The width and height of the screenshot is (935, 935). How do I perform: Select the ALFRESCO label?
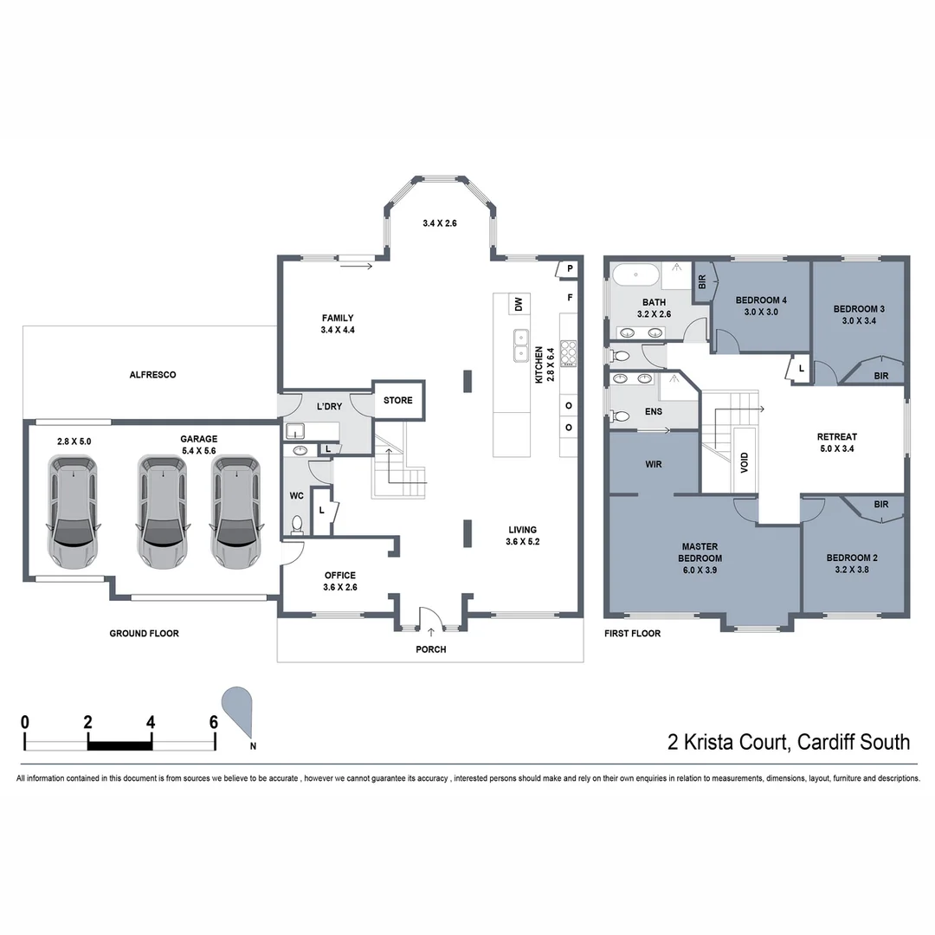(x=152, y=375)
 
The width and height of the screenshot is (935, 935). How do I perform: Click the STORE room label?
(x=398, y=400)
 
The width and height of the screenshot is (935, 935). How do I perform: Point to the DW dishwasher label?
(x=519, y=304)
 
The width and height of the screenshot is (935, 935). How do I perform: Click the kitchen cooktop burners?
(x=569, y=353)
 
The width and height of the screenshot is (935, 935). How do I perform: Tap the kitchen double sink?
(x=520, y=345)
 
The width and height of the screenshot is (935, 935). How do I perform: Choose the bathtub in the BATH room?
(x=636, y=276)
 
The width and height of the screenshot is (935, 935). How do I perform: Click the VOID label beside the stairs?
(x=745, y=461)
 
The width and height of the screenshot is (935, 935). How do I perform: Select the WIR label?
(x=654, y=464)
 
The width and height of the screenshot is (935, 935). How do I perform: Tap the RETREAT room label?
(x=836, y=436)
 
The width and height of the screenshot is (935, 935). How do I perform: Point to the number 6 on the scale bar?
(x=213, y=721)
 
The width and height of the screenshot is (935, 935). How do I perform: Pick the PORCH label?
(x=430, y=649)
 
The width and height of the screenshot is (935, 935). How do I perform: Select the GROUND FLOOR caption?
(x=144, y=634)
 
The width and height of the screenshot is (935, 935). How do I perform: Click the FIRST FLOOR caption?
(x=632, y=634)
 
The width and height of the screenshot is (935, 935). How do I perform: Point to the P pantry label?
(x=571, y=268)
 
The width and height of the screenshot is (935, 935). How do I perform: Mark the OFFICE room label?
(x=340, y=576)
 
